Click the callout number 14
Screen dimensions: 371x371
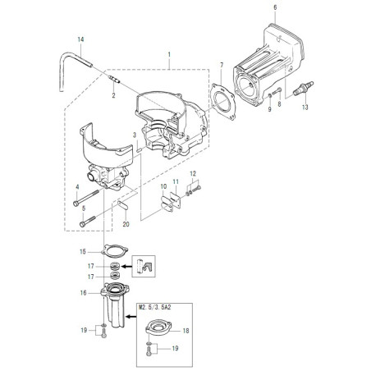point(80,39)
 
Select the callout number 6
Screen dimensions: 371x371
point(275,7)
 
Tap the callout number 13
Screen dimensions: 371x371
point(305,108)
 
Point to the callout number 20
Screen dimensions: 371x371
point(126,224)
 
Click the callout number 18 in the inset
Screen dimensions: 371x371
point(185,331)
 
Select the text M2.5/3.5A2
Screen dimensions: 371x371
point(155,308)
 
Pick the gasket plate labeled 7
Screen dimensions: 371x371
point(224,102)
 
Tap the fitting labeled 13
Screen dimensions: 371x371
point(303,88)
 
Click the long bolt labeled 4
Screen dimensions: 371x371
point(86,197)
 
